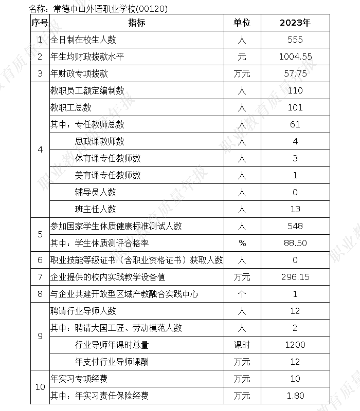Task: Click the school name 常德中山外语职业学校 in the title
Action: tap(87, 9)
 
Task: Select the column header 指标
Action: tap(136, 23)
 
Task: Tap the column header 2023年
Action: tap(295, 23)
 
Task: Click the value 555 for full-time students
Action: tap(295, 40)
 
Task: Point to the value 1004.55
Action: tap(295, 57)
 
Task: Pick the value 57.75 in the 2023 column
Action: tap(295, 73)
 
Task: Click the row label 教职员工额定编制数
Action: tap(87, 90)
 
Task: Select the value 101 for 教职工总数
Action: tap(295, 107)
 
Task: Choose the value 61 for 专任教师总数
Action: tap(295, 124)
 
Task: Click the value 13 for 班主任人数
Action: tap(295, 209)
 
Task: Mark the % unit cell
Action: tap(242, 243)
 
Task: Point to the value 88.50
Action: tap(295, 243)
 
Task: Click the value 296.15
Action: tap(295, 277)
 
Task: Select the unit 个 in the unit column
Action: tap(242, 294)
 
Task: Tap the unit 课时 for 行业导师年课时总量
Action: tap(242, 345)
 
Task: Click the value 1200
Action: tap(295, 345)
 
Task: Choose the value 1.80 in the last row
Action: tap(295, 396)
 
